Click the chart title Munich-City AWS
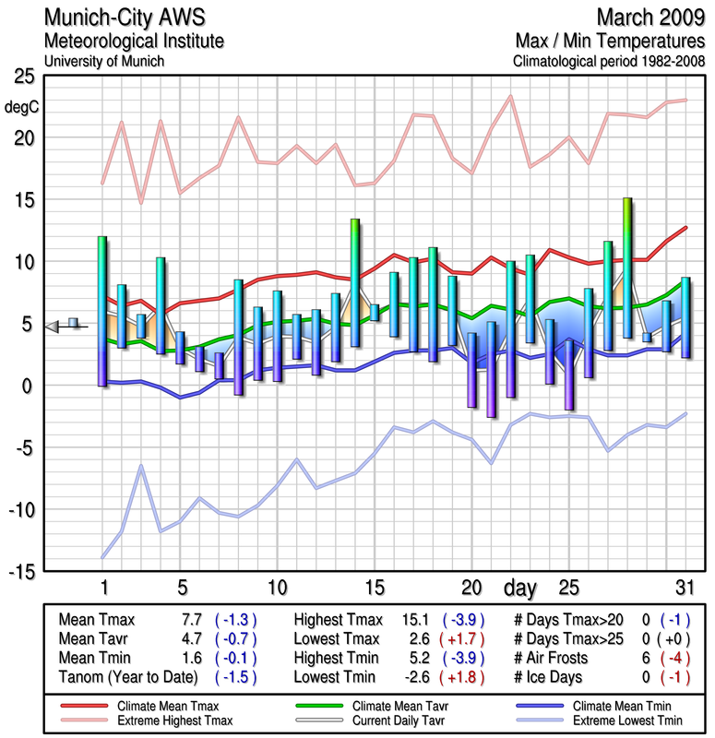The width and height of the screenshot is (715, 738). click(x=124, y=18)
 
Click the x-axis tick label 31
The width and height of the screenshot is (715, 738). click(x=684, y=588)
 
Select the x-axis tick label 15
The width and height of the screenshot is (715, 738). click(x=375, y=588)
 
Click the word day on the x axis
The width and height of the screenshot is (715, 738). click(x=522, y=587)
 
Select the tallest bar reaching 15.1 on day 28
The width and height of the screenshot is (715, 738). click(x=627, y=268)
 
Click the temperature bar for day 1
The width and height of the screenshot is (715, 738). click(x=102, y=311)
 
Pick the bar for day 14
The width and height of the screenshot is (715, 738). click(x=355, y=282)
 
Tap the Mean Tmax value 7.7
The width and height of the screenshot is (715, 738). click(x=192, y=620)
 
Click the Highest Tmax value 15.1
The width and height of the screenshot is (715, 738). click(x=420, y=620)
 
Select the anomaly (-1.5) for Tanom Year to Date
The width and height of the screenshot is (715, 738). click(x=234, y=676)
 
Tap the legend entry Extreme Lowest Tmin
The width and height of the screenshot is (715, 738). click(x=618, y=719)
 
